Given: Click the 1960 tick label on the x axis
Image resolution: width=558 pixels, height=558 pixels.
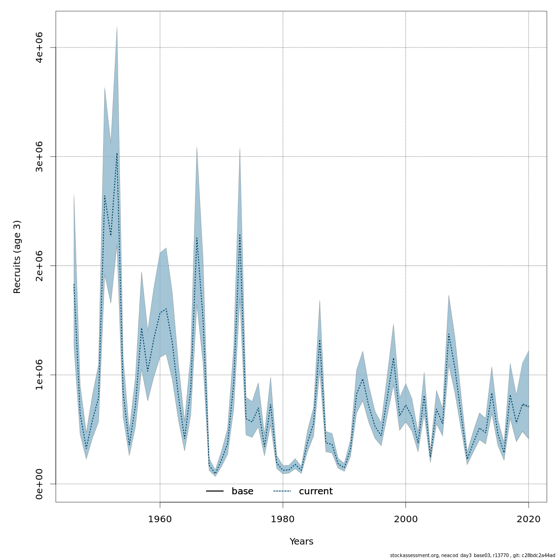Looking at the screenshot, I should (160, 519).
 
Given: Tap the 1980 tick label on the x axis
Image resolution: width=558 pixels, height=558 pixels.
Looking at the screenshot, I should (283, 519).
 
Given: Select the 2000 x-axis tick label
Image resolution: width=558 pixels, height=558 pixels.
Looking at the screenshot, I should (405, 519).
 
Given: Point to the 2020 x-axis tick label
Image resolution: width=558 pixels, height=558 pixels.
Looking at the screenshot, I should (528, 519).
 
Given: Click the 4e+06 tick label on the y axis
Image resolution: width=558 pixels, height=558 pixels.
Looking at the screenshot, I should (40, 47).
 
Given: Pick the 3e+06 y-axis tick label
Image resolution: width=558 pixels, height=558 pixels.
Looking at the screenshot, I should (40, 157).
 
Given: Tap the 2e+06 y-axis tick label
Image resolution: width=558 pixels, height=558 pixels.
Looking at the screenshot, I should (40, 266).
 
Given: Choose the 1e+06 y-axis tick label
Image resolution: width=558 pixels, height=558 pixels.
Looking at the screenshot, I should (40, 375).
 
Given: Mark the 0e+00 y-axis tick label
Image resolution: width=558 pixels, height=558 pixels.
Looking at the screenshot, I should (40, 484).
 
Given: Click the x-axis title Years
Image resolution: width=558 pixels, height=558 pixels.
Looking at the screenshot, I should (301, 542).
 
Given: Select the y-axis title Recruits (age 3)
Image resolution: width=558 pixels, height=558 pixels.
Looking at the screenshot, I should (17, 257).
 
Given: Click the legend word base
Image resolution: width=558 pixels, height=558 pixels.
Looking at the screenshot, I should (242, 492).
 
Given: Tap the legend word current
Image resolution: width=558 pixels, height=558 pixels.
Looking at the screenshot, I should (316, 492).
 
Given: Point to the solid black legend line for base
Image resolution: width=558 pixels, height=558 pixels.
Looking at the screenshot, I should (215, 492).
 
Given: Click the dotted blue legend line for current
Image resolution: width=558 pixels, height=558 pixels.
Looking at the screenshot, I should (282, 492).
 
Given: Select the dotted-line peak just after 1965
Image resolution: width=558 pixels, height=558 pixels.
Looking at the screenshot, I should (197, 238).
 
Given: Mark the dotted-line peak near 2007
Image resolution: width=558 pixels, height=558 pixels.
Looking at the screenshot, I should (449, 334).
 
